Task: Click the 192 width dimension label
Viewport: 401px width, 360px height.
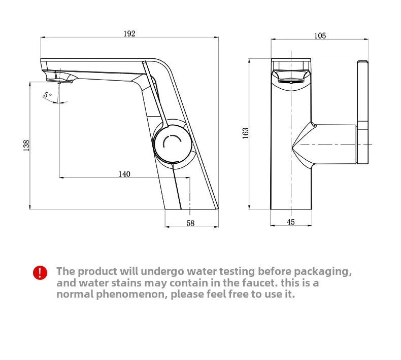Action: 129,33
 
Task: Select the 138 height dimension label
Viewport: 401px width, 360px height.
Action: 26,145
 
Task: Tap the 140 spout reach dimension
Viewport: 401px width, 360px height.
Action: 124,174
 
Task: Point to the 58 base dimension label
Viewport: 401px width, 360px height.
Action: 191,223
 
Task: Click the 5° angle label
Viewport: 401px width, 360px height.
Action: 47,95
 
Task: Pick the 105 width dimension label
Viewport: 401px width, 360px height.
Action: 320,35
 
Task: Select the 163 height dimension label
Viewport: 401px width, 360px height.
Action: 246,133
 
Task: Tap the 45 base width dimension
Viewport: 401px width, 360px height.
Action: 291,222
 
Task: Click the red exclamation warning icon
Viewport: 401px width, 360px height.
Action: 40,273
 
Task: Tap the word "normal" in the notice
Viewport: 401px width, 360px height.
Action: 75,295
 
